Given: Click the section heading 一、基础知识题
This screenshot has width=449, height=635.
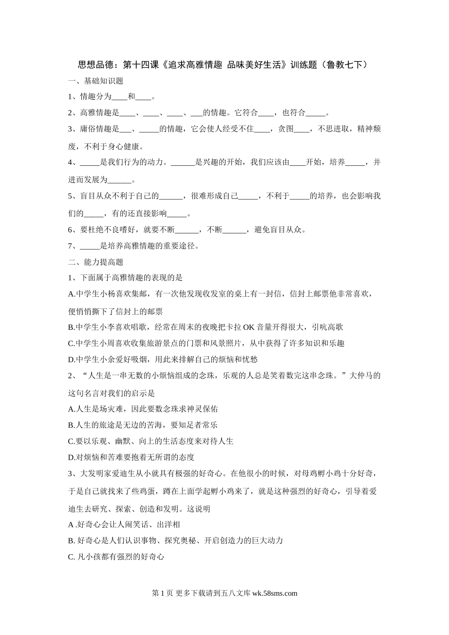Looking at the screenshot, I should click(96, 81).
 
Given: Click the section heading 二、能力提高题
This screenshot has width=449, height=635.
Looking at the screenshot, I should click(96, 262).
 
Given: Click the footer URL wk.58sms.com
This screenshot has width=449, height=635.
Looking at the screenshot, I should click(275, 593).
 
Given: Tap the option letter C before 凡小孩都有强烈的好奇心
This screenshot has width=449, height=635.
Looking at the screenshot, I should click(71, 557).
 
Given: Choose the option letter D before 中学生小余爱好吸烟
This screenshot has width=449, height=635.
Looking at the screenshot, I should click(71, 359).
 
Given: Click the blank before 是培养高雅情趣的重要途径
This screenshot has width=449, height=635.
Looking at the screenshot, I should click(90, 246).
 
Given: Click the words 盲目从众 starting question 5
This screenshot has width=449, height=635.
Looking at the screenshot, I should click(96, 196).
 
